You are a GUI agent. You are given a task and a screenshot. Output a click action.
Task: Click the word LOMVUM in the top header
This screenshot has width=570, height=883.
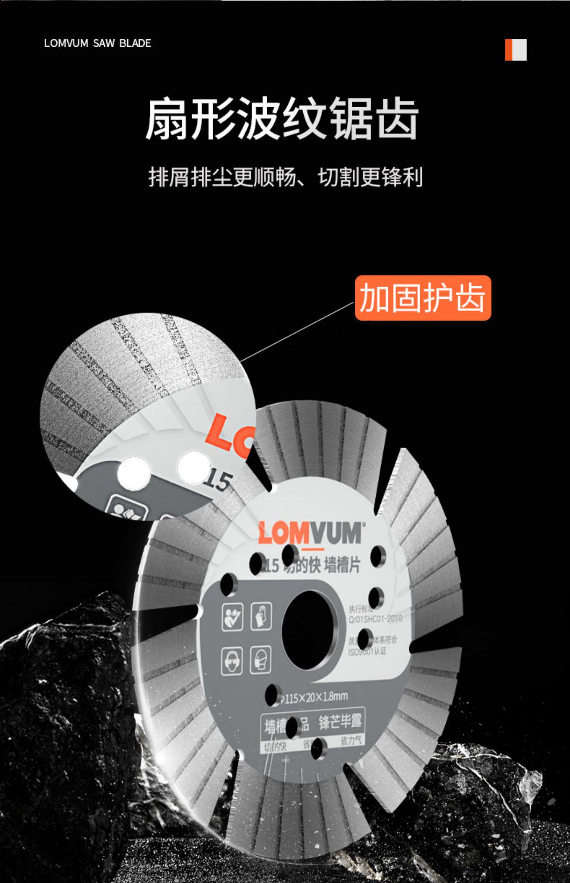(66, 43)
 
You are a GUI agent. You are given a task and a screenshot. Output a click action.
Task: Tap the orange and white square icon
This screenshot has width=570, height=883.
(516, 50)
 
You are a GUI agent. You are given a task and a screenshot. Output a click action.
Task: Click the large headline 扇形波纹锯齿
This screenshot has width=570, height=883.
(282, 119)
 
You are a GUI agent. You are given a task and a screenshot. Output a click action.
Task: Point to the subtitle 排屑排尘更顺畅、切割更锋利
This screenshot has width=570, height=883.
(285, 177)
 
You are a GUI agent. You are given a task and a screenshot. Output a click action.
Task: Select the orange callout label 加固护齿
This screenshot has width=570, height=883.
(423, 298)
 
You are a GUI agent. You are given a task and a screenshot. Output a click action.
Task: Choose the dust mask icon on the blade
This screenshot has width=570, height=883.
(261, 659)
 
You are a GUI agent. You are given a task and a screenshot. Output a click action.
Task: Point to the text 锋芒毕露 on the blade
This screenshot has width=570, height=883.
(340, 721)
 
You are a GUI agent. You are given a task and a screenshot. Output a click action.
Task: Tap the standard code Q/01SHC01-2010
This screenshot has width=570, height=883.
(375, 619)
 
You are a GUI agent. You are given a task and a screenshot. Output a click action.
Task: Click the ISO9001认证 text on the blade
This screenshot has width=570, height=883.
(367, 652)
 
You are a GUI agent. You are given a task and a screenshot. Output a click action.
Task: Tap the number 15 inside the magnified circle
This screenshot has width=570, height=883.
(217, 481)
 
